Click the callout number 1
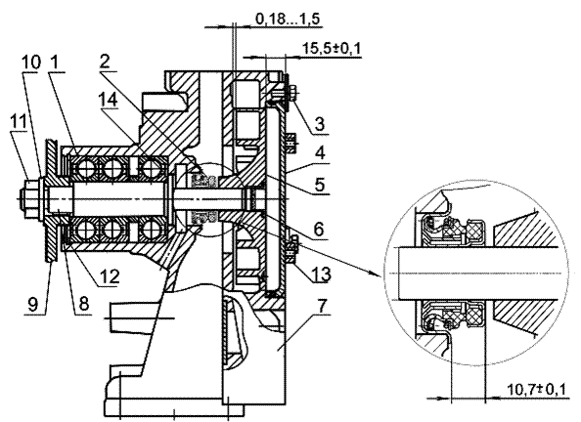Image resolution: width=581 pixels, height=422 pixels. (x=54, y=63)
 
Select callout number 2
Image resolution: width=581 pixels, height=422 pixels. (x=105, y=62)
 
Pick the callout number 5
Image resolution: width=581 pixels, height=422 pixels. (x=320, y=184)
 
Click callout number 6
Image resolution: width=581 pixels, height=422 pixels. (x=319, y=230)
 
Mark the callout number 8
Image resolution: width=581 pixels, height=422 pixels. (x=82, y=304)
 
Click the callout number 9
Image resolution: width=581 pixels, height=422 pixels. (x=33, y=305)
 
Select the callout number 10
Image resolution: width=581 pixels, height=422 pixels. (x=30, y=63)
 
